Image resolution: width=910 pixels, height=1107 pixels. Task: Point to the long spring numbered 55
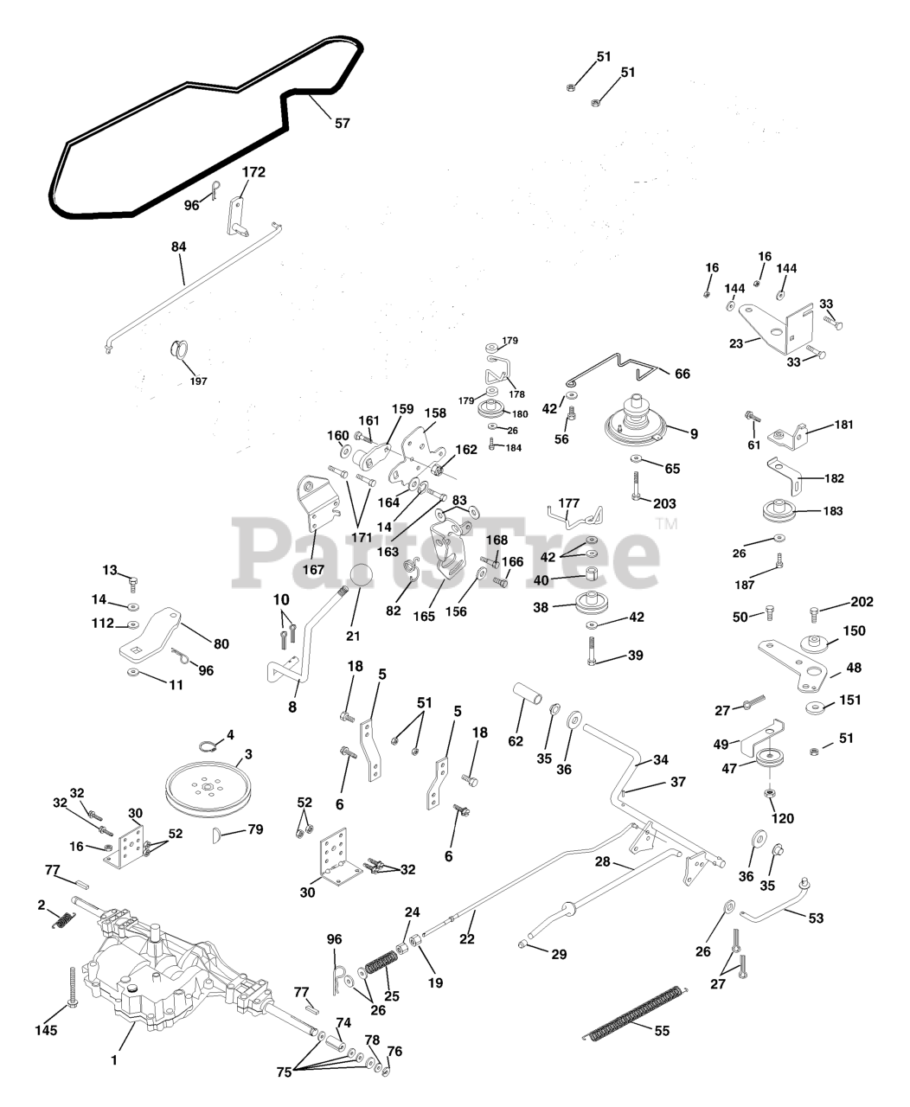pos(636,1011)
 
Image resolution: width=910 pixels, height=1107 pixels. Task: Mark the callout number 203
pos(665,503)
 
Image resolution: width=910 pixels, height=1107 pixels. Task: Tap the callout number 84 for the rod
pos(178,246)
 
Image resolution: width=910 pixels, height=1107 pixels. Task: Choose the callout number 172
pos(253,172)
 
